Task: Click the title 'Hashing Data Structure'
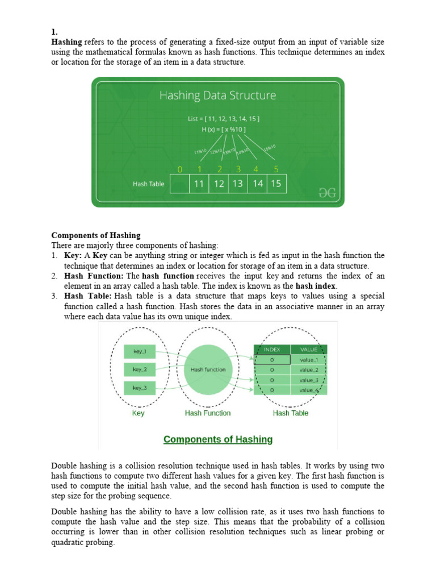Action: tap(217, 95)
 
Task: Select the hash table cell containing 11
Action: tap(199, 184)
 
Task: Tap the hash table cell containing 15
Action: tap(275, 184)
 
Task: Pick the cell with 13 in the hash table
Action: tap(237, 184)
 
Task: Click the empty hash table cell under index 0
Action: tap(179, 184)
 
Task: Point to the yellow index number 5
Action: tap(275, 169)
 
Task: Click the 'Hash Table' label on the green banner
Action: tap(148, 184)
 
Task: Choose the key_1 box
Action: tap(140, 351)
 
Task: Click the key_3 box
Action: tap(140, 388)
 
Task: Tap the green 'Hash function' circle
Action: tap(208, 369)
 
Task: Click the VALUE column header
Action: tap(309, 350)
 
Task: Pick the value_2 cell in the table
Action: tap(309, 370)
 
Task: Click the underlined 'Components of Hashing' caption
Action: tap(218, 439)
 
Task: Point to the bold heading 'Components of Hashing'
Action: tap(96, 235)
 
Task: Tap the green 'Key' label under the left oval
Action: tap(138, 413)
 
